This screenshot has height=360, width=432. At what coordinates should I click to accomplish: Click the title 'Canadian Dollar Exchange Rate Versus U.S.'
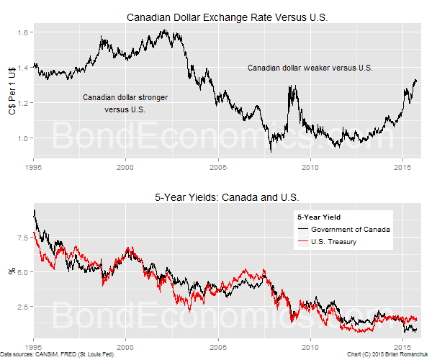227,17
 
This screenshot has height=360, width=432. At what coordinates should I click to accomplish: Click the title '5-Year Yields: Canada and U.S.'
227,197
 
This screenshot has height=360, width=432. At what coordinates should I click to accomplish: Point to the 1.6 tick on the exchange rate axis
24,33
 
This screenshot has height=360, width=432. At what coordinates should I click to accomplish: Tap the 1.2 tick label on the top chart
24,103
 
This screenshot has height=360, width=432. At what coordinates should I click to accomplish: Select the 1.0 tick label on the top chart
24,138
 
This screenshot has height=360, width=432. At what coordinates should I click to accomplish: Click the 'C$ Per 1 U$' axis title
9,91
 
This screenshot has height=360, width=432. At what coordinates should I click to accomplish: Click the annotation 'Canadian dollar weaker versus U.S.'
310,68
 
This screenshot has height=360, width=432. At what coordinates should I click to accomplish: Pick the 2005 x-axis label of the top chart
218,168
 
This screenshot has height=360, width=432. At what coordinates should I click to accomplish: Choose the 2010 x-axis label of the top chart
310,168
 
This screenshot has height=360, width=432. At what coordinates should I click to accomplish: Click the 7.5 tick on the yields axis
24,237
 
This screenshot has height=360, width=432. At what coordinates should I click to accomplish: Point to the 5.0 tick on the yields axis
24,272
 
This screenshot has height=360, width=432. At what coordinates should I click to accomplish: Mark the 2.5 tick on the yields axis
24,307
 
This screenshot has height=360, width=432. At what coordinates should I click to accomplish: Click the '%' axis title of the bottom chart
10,272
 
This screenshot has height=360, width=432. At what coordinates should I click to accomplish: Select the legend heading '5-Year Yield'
318,217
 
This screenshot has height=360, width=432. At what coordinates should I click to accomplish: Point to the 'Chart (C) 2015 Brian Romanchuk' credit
387,355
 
